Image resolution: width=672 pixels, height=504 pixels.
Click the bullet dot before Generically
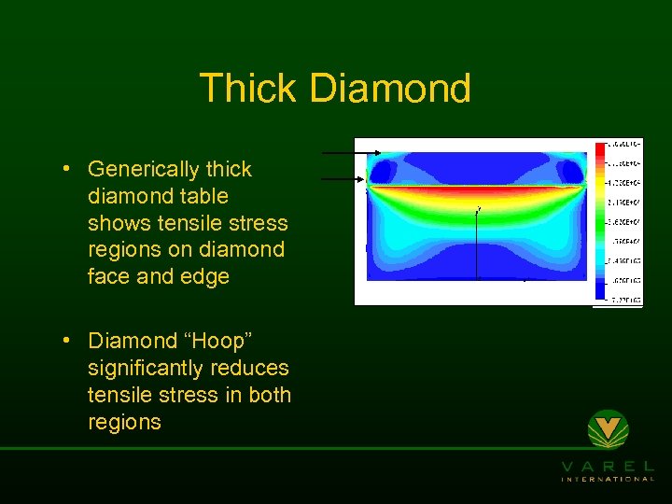68,170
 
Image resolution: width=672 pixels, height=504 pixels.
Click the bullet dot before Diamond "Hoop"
68,342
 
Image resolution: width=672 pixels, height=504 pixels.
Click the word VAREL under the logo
608,465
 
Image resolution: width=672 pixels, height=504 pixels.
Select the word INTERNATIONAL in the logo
608,479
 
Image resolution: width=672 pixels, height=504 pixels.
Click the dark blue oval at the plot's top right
570,171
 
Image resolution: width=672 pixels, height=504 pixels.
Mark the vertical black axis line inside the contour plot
478,243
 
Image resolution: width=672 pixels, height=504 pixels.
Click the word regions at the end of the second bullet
124,422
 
